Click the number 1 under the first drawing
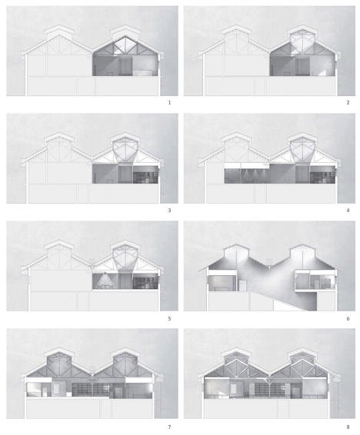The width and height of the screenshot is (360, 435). coord(169,103)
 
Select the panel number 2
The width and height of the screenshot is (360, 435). coord(348,103)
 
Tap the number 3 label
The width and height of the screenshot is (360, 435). coord(169,211)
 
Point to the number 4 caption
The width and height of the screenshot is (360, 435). coord(348,211)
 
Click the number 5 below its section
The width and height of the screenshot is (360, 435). coord(169,318)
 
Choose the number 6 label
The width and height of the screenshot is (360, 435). coord(348,318)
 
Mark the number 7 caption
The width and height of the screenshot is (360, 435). coord(169,427)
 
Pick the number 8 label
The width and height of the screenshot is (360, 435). coord(348,427)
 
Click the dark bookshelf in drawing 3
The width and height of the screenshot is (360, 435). coord(145,178)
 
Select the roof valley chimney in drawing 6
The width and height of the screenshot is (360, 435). coord(269,262)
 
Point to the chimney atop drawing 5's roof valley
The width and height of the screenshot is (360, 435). coord(92,262)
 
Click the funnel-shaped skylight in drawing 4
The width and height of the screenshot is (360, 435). coord(302,151)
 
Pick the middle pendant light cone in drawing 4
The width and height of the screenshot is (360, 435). coord(255,174)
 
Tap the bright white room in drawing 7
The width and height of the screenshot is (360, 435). coord(34,389)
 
